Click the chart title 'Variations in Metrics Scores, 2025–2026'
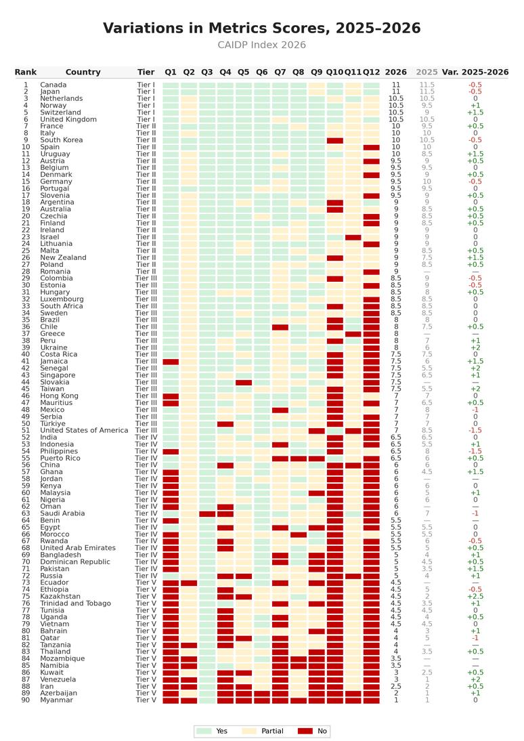point(262,28)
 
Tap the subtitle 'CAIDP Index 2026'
point(262,45)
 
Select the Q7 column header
point(280,72)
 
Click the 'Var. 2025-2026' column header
point(475,72)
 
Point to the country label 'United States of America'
point(84,431)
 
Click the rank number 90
point(26,700)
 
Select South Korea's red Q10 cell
point(335,140)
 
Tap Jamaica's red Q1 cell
point(171,362)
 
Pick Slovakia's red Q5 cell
point(244,382)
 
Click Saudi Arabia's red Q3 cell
point(207,513)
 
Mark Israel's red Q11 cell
point(353,237)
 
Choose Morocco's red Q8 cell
point(298,534)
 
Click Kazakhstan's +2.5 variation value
point(475,597)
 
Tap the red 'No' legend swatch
point(306,731)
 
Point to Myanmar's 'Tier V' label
point(146,700)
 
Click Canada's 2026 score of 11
point(396,85)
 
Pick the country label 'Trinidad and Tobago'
point(76,604)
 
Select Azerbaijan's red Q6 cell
point(262,694)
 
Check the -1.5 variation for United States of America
point(475,431)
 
